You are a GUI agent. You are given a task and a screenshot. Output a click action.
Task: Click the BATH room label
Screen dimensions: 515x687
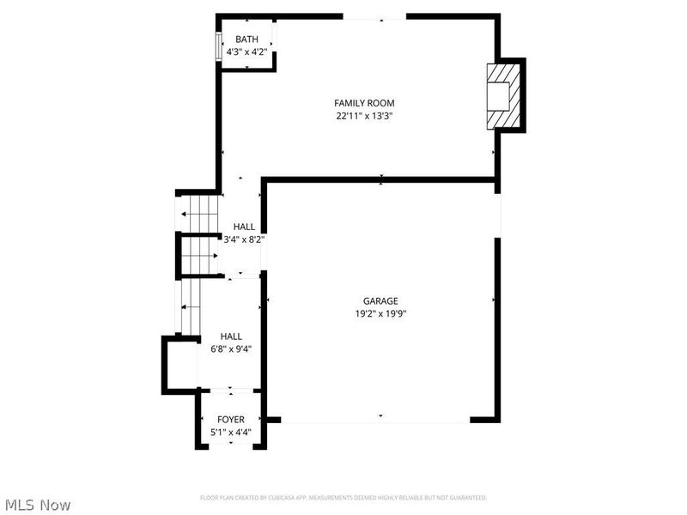click(x=246, y=39)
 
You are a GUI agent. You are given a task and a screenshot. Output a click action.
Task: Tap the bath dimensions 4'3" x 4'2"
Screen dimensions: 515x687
click(x=246, y=51)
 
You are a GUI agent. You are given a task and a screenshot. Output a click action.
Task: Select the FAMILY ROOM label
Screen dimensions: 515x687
click(x=364, y=103)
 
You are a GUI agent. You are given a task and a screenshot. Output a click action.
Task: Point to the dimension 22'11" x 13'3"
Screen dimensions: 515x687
click(x=364, y=116)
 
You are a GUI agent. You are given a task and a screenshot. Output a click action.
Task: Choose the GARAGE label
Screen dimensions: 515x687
click(x=380, y=301)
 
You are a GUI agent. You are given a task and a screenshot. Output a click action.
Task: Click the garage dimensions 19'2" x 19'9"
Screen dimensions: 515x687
click(x=380, y=314)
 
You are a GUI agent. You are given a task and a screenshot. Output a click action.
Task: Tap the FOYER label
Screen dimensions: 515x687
click(x=230, y=420)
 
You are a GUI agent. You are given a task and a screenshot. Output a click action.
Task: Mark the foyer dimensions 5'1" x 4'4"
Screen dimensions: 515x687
click(x=230, y=433)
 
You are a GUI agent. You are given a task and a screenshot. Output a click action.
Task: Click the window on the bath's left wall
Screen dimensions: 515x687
click(x=217, y=46)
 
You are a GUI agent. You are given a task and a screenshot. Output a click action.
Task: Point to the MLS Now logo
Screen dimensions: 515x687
click(x=38, y=505)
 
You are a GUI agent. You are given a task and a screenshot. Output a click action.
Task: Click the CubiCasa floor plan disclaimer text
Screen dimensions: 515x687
click(x=343, y=498)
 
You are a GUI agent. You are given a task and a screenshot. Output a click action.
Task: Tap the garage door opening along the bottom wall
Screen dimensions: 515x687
click(x=375, y=421)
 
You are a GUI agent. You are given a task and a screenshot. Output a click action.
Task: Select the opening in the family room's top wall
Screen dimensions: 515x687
click(x=374, y=16)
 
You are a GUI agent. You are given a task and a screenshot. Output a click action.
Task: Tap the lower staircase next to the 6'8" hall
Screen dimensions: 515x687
click(x=189, y=307)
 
